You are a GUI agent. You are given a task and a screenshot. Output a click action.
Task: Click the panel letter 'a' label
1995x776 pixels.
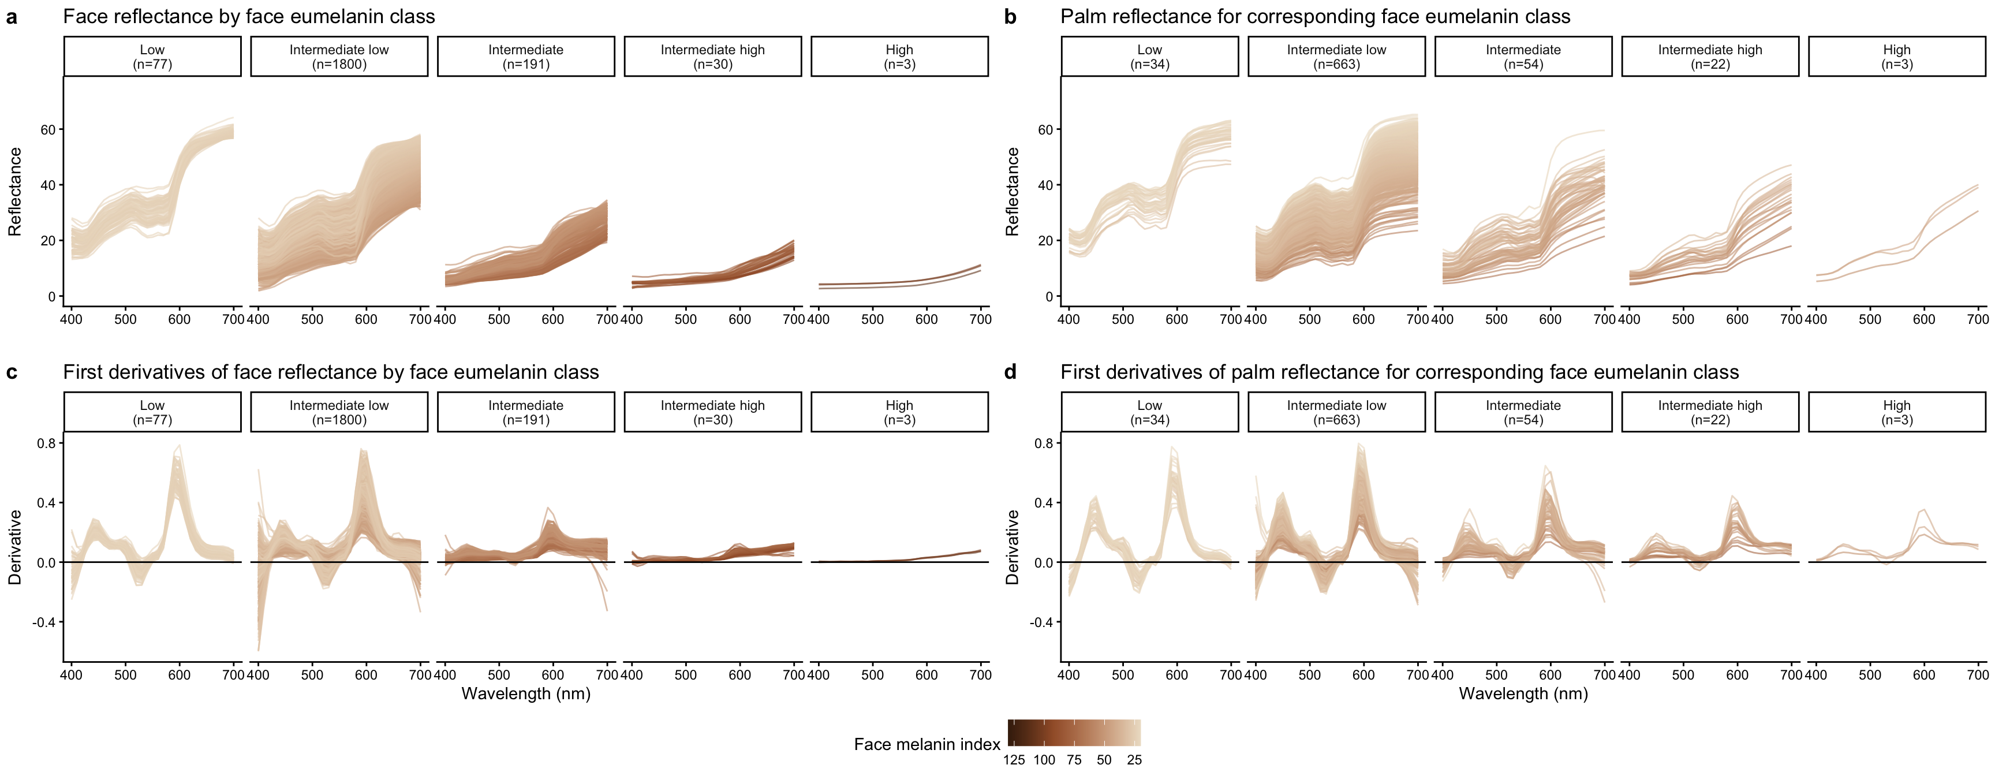(12, 17)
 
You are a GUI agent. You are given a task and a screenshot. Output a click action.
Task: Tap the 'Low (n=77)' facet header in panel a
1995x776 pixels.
(152, 57)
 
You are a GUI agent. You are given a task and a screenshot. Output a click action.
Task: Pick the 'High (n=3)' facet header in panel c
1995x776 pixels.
(899, 412)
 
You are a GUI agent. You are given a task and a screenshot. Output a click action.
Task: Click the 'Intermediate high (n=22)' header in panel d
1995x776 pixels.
(1709, 412)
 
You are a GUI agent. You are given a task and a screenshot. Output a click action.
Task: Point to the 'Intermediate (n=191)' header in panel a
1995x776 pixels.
(526, 57)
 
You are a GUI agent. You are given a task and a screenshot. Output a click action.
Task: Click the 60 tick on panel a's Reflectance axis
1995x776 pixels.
(48, 130)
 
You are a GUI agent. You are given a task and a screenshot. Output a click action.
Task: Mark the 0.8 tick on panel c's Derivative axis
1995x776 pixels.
(46, 444)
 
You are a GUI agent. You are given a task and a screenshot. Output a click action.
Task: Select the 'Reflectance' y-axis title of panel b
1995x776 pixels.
(1012, 192)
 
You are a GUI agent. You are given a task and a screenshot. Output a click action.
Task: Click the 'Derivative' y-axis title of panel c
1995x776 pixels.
(14, 547)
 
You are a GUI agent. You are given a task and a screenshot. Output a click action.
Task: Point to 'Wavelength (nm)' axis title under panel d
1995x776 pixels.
(1523, 694)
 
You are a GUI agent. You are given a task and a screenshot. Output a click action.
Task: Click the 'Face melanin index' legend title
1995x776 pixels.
(926, 744)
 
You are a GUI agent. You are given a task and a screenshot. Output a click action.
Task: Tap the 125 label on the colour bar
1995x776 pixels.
(1014, 760)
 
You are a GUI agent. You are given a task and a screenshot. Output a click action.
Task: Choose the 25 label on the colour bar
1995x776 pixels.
(1134, 760)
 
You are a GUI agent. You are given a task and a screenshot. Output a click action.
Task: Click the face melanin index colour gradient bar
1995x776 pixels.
(1073, 733)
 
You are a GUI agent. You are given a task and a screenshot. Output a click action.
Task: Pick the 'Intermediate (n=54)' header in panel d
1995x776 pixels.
(1523, 412)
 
